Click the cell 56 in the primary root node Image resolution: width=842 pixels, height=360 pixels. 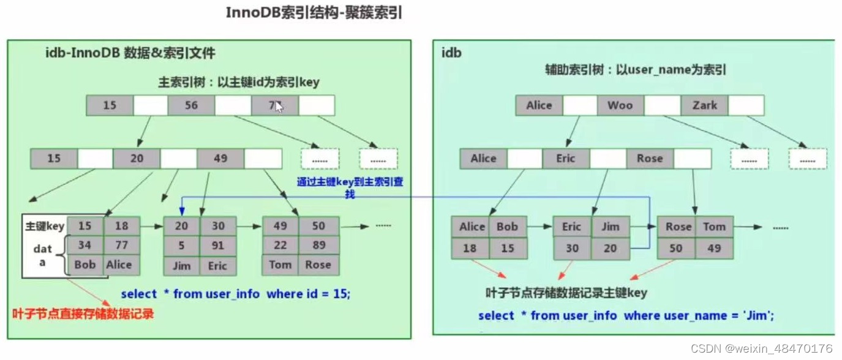[191, 105]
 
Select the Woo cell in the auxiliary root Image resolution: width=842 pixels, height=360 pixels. [620, 105]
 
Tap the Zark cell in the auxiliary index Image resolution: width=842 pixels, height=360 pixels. [704, 105]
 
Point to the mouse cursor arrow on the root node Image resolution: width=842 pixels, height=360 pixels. [279, 107]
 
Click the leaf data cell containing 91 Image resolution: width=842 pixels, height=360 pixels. [219, 246]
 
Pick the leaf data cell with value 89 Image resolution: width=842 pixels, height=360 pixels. [318, 246]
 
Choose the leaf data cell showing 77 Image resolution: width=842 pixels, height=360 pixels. [121, 246]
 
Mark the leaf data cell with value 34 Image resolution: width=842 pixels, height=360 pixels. [85, 246]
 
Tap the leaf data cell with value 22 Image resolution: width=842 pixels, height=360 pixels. [280, 246]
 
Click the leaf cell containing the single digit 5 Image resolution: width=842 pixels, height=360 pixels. [181, 246]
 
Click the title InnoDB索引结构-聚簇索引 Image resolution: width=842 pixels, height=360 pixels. [314, 13]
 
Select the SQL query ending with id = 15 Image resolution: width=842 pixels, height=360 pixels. [236, 294]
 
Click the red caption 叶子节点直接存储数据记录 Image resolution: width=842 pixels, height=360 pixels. [83, 314]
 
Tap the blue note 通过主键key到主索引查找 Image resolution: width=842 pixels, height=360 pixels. [350, 187]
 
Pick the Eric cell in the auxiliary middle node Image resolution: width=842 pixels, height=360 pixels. [565, 159]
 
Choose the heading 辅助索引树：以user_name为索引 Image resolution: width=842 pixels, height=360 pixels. [636, 70]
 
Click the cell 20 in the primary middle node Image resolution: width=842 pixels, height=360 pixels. [136, 159]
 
